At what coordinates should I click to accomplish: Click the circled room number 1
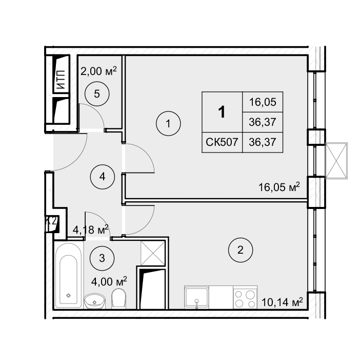pos(168,124)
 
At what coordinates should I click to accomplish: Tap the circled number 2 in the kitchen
pos(241,250)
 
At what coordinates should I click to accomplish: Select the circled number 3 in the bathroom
pos(102,258)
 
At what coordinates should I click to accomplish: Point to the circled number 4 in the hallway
pos(102,177)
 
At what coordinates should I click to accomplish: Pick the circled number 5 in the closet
pos(97,93)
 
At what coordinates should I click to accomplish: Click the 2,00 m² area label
pos(98,71)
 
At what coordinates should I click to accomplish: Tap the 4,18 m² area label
pos(91,230)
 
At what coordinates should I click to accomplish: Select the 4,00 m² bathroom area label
pos(109,281)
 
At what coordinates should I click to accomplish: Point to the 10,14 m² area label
pos(282,302)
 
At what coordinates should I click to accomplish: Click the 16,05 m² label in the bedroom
pos(279,187)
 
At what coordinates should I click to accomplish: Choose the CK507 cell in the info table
pos(222,142)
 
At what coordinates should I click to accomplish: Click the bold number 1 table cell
pos(222,112)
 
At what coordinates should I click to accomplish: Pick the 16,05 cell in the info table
pos(263,102)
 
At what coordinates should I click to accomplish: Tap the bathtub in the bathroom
pos(69,275)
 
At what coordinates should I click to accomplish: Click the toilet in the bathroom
pos(118,298)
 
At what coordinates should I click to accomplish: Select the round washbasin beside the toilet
pos(94,301)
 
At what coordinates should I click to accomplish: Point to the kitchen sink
pos(196,297)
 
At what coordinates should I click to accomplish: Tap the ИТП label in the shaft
pos(61,80)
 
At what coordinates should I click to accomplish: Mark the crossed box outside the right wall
pos(336,160)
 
